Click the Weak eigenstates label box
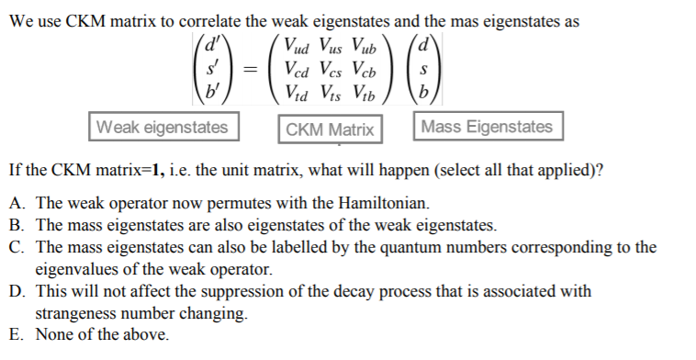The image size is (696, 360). click(x=163, y=127)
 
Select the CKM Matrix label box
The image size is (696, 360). click(x=330, y=129)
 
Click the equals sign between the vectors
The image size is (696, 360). click(x=251, y=68)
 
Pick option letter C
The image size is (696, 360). click(x=16, y=247)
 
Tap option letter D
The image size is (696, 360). click(x=16, y=291)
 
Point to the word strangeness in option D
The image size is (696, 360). click(x=82, y=313)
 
